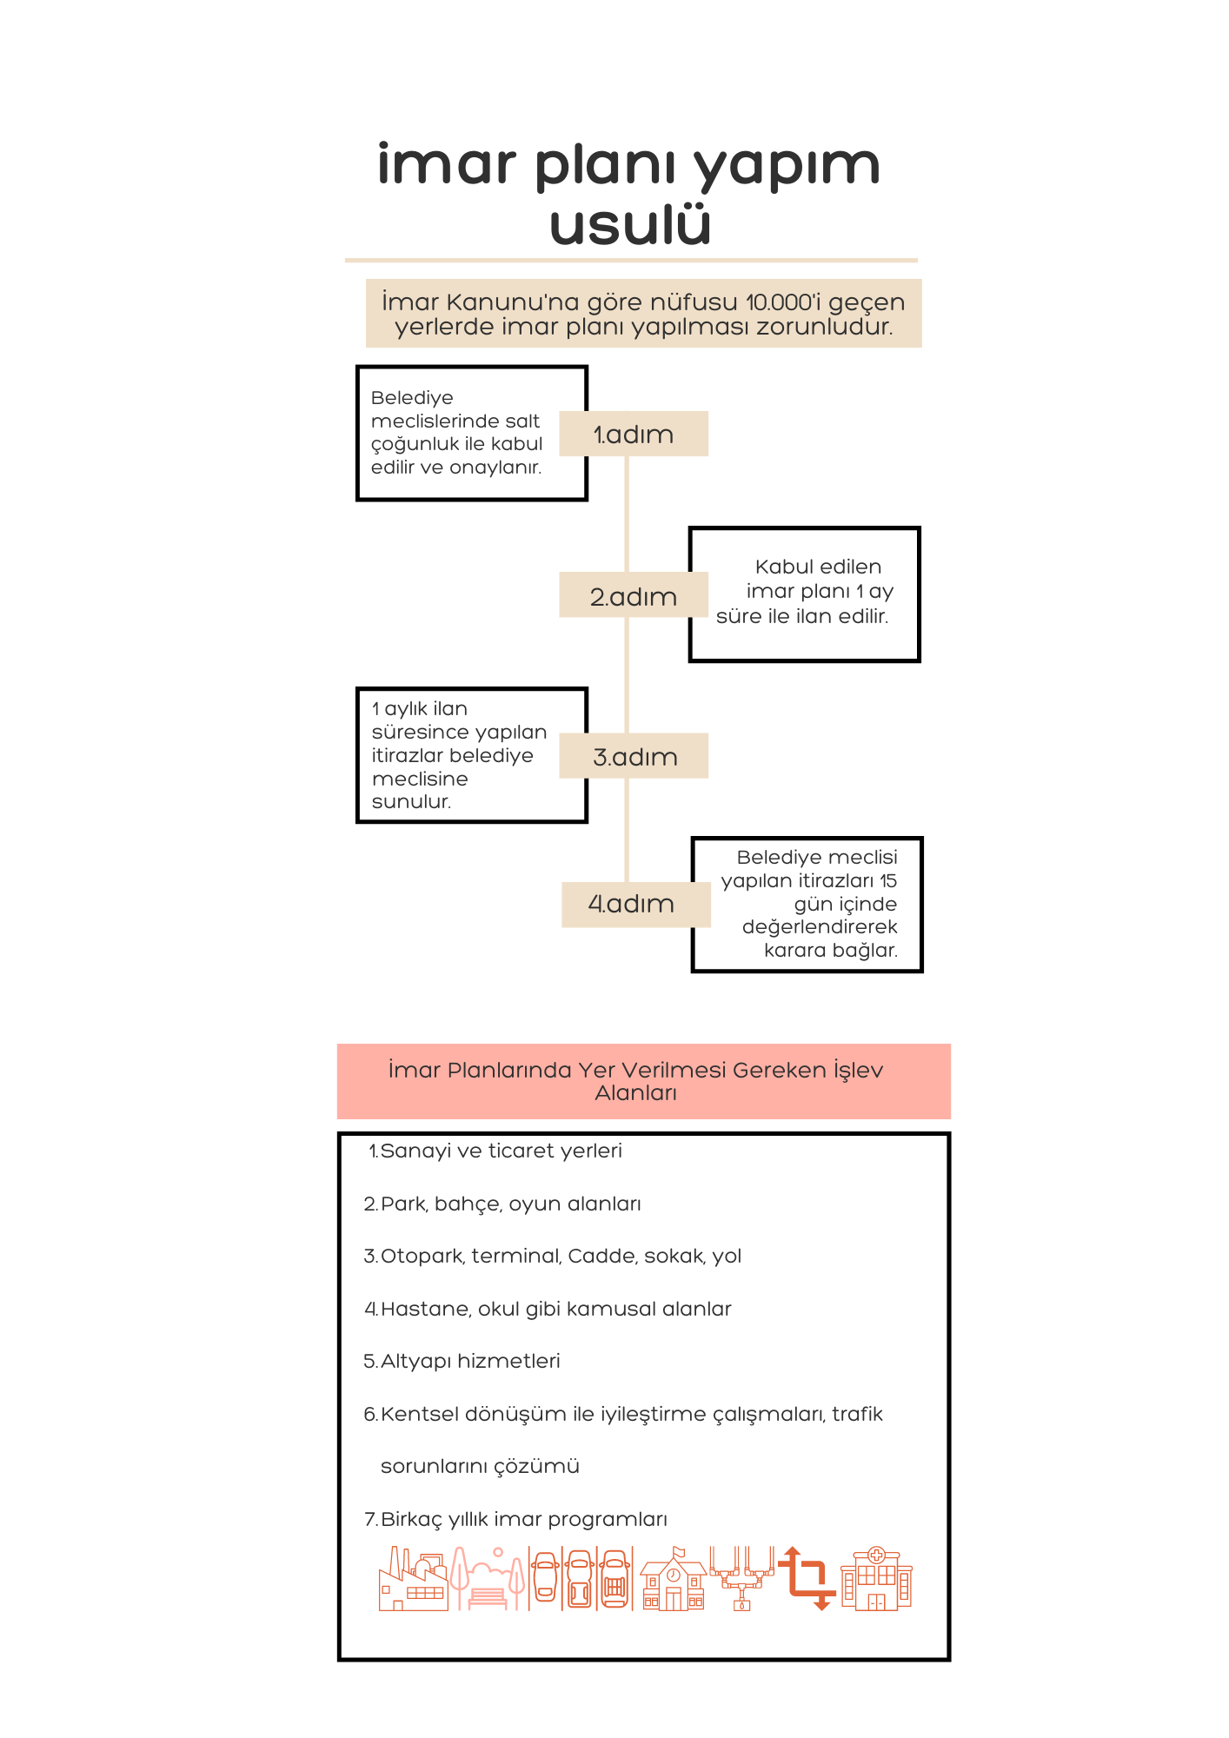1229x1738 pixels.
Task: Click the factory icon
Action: coord(414,1579)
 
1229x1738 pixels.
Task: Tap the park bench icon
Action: coord(488,1579)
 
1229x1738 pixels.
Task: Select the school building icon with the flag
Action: coord(674,1579)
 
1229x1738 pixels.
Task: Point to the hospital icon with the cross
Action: coord(876,1579)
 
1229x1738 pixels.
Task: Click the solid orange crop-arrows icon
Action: coord(807,1579)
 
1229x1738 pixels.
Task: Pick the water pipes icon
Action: coord(741,1579)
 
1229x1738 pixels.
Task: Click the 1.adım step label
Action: coord(634,434)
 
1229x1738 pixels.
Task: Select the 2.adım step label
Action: coord(634,595)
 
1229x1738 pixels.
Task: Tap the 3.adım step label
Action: coord(634,756)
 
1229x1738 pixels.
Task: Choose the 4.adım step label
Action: coord(636,905)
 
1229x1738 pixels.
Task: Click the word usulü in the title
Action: coord(630,223)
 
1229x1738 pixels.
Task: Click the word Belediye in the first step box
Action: coord(412,398)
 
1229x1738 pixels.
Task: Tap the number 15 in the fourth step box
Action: coord(887,880)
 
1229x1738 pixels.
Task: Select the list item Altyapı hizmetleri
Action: coord(462,1361)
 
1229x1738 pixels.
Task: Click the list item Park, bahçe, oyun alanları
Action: coord(502,1204)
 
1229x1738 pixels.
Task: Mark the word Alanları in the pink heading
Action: coord(636,1093)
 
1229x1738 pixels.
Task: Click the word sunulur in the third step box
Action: coord(411,802)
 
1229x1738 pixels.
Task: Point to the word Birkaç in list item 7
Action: coord(411,1520)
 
